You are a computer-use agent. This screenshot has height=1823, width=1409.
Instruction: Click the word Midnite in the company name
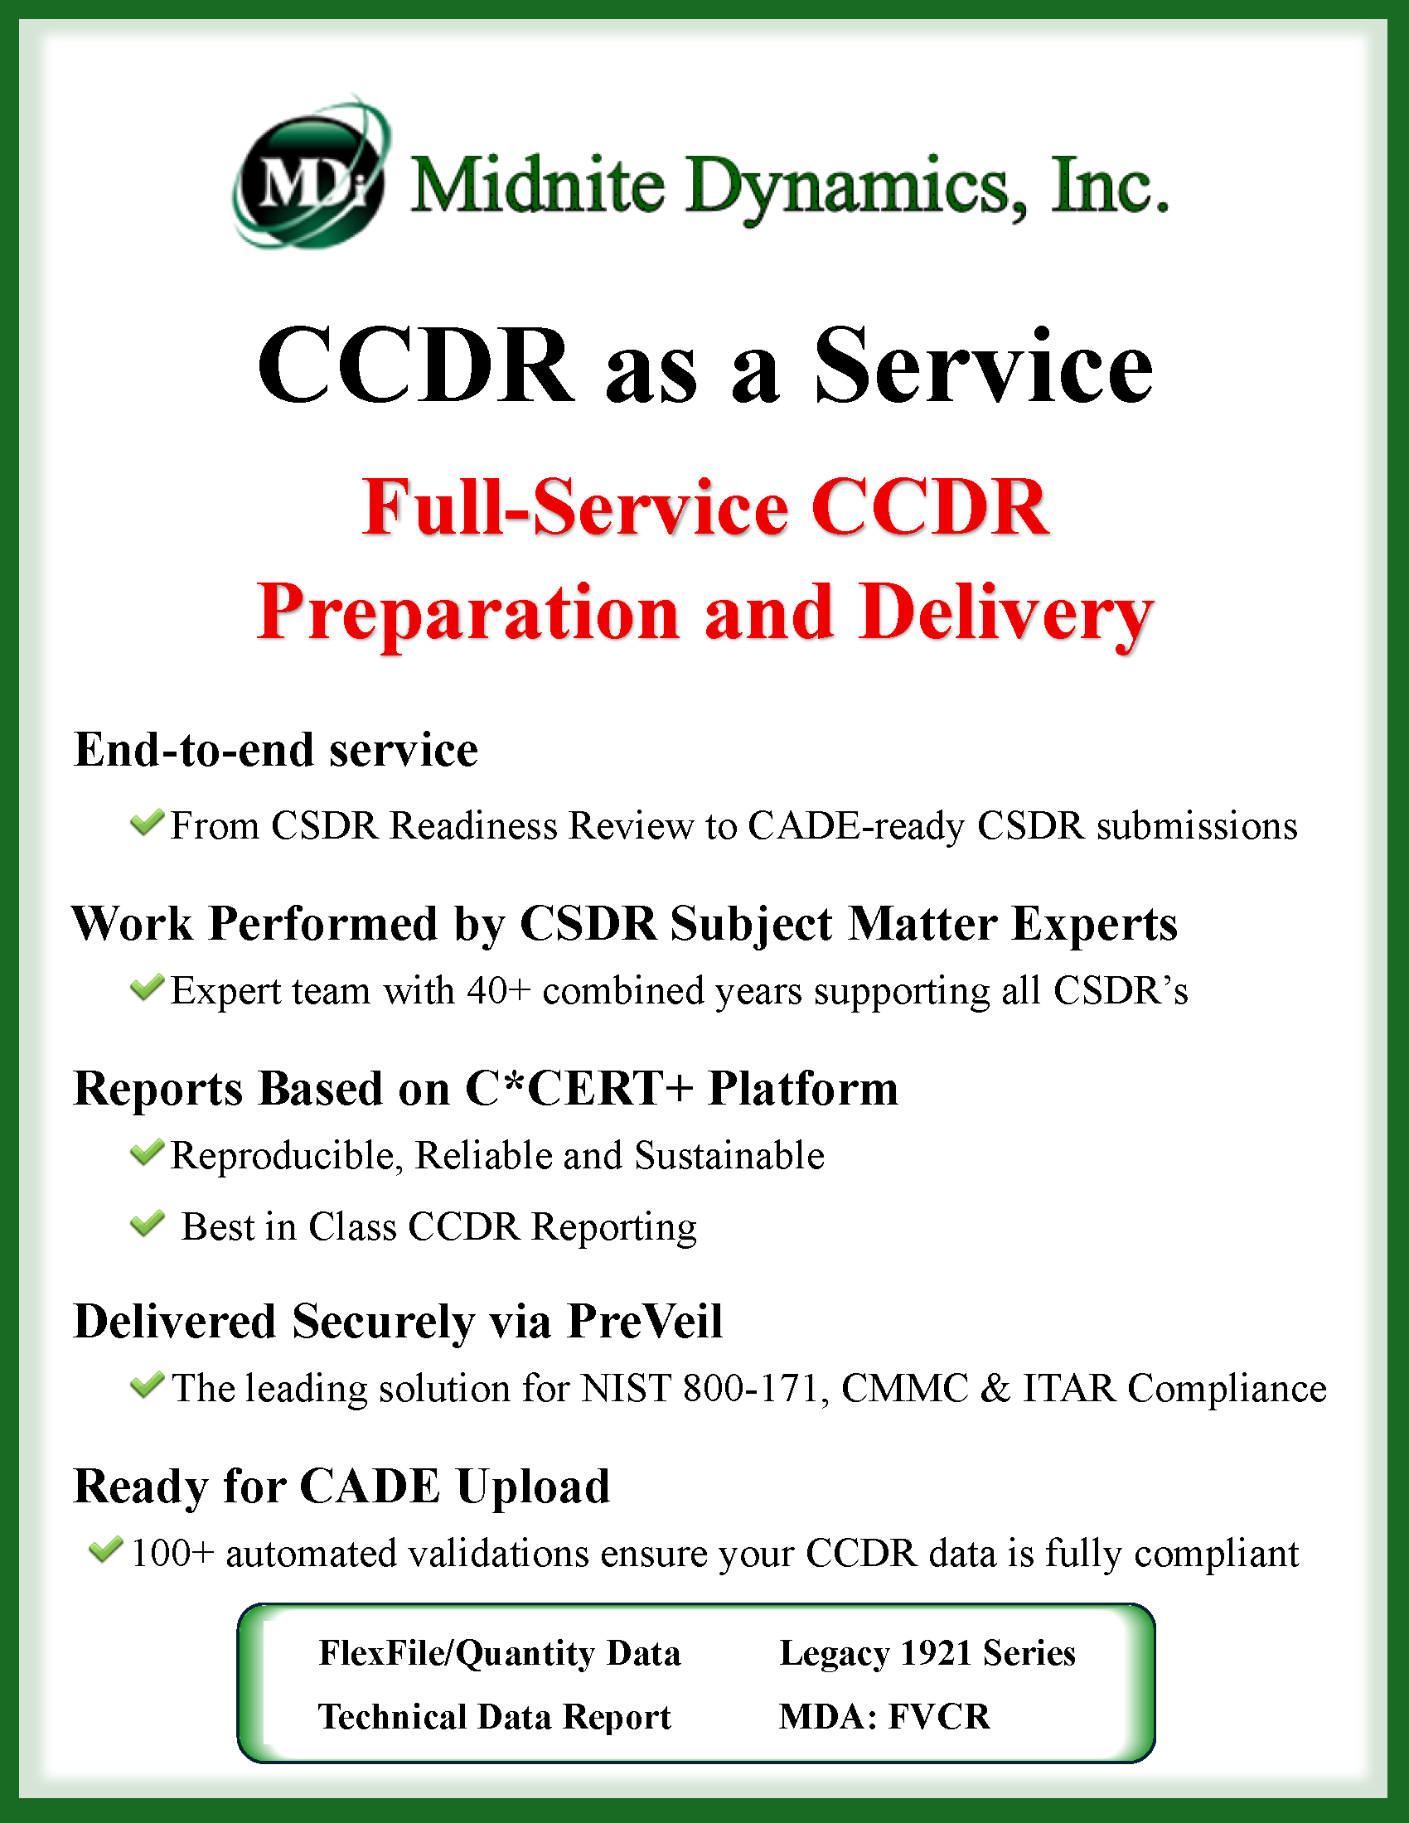(538, 186)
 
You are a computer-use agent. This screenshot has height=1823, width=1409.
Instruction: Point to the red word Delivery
(1006, 613)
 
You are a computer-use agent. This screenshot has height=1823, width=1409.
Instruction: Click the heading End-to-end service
(275, 750)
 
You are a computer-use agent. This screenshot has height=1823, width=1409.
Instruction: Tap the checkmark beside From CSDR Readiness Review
(147, 823)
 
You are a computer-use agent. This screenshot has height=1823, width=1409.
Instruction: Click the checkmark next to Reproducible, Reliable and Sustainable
(147, 1153)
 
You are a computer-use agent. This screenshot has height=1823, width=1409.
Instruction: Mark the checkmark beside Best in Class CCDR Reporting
(147, 1225)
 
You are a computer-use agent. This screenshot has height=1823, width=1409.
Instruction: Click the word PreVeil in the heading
(644, 1322)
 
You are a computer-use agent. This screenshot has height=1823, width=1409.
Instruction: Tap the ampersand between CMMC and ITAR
(995, 1389)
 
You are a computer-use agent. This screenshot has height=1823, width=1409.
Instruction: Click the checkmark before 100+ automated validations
(106, 1551)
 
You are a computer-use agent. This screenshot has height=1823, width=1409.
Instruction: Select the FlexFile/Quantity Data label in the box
(499, 1654)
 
